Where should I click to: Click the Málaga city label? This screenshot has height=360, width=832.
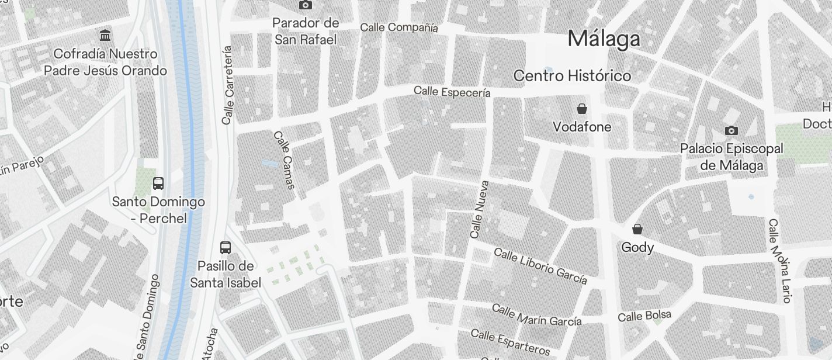604,39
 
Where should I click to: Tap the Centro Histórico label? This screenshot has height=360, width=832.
572,76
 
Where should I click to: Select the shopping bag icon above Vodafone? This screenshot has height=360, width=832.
582,109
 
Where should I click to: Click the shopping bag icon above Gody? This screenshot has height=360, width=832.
637,229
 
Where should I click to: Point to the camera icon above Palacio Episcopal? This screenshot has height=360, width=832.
731,130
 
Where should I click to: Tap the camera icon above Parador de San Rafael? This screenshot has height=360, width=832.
305,5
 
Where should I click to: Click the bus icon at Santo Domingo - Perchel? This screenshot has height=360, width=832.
158,184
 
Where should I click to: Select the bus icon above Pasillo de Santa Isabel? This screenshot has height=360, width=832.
226,247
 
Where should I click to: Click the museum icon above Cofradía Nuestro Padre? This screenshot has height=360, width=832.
105,35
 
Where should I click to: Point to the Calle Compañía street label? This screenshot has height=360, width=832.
399,27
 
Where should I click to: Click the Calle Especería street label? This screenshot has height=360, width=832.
452,92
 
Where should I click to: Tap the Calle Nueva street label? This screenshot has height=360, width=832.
479,209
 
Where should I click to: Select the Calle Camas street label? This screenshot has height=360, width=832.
284,160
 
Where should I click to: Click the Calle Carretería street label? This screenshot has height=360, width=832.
228,85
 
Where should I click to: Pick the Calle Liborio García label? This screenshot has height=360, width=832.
540,265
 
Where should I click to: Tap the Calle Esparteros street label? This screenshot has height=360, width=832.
510,342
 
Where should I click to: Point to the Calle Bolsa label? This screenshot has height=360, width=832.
644,316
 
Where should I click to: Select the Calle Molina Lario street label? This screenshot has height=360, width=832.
779,261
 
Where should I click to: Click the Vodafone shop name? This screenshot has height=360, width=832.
582,127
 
